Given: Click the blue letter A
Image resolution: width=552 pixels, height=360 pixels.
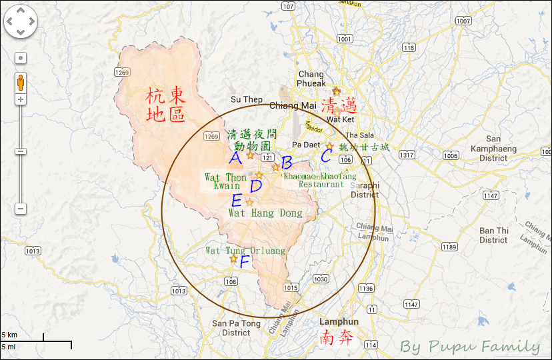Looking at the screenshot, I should (235, 159).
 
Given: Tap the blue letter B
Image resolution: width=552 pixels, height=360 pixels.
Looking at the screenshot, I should (287, 162).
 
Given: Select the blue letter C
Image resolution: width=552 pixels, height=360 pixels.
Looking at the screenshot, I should (326, 157).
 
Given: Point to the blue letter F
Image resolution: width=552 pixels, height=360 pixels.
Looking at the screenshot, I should (244, 261).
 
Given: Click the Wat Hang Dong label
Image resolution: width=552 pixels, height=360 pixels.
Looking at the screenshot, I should (265, 213).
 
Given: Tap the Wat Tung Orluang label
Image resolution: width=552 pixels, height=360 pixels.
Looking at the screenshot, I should (245, 251).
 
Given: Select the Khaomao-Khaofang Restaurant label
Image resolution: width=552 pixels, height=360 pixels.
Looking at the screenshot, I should (315, 180).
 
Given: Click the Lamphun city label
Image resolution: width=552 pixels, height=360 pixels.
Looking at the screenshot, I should (339, 321).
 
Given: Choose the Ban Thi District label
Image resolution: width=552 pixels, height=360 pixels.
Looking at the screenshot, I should (493, 235).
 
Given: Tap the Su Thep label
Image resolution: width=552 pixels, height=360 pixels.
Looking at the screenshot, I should (247, 99).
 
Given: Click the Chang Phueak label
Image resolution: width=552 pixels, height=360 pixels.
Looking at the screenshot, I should (311, 79).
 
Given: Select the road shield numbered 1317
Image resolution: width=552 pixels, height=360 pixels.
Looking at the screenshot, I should (407, 155).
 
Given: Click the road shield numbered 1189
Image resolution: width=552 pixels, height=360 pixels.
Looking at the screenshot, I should (449, 247).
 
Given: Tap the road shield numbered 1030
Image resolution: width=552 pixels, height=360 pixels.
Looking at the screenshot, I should (321, 279).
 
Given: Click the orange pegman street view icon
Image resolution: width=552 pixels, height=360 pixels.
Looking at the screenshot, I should (21, 83).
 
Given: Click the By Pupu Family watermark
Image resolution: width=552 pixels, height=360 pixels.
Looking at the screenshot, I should (470, 346).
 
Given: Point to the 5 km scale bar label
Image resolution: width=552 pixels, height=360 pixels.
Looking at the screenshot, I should (9, 334).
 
